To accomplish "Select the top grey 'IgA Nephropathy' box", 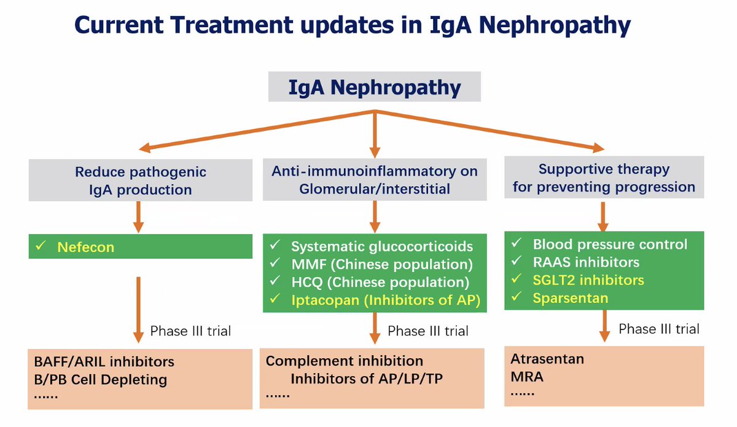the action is click(374, 87).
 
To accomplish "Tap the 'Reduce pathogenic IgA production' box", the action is click(141, 181).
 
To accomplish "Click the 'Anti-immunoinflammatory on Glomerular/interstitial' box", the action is click(374, 180).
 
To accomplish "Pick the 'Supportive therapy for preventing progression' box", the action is click(604, 178).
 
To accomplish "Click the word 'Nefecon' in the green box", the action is click(85, 247).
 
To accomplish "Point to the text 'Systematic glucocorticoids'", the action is click(382, 246).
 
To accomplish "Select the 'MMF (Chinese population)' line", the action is click(381, 265).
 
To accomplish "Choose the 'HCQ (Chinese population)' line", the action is click(380, 283).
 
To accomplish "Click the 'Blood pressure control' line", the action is click(610, 245).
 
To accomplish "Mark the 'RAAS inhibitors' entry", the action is click(586, 262).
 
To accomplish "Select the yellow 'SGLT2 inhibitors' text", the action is click(588, 280).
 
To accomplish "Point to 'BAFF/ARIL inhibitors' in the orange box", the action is click(104, 361).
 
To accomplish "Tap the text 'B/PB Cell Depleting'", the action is click(101, 379).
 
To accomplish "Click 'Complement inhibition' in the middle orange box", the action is click(344, 361).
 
